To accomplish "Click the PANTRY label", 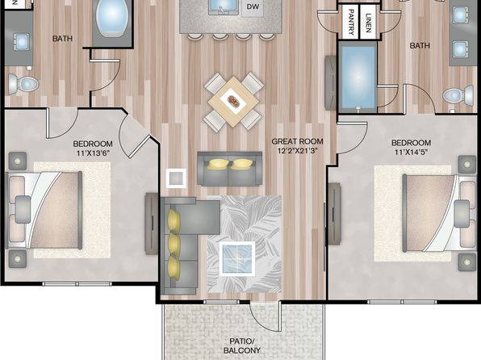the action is click(x=352, y=22).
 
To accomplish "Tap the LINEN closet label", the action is click(x=369, y=23).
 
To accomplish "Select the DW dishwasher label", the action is click(x=253, y=6).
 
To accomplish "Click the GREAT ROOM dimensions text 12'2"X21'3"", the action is click(x=297, y=150).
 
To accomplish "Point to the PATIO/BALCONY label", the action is click(x=242, y=345).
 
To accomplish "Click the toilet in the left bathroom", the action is click(x=23, y=83).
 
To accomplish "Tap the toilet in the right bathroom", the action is click(x=458, y=95).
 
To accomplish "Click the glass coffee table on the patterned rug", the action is click(x=237, y=258).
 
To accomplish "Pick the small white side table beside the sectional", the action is click(x=176, y=178).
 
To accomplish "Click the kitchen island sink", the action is click(x=224, y=7).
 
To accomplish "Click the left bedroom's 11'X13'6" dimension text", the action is click(x=92, y=153).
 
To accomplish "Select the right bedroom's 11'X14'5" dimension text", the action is click(x=411, y=152).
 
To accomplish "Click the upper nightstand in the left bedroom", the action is click(x=18, y=161).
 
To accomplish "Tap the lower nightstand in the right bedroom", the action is click(x=467, y=262).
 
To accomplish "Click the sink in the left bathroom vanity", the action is click(x=21, y=42).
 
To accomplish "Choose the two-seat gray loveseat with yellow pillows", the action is click(x=230, y=169).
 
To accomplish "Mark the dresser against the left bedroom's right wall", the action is click(x=152, y=224).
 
